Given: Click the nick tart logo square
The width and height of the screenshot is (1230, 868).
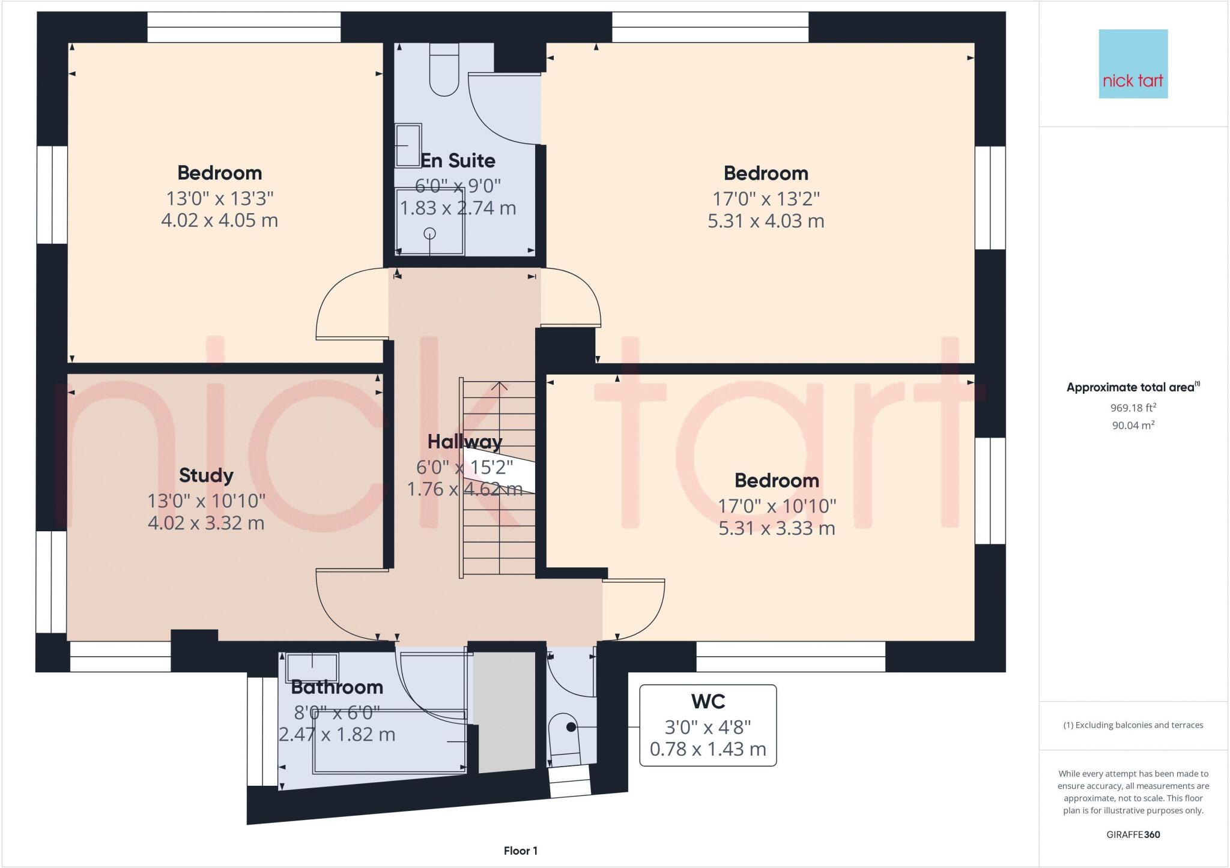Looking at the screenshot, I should tap(1133, 64).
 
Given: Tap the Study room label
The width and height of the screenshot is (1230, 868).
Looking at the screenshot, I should tap(206, 475).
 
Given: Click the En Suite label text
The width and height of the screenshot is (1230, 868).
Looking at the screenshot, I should tap(458, 161).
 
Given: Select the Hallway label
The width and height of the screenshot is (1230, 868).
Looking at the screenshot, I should tap(465, 442).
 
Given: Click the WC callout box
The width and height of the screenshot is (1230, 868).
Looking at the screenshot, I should tap(707, 725).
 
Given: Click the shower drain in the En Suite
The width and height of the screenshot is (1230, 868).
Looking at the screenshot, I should tap(430, 234).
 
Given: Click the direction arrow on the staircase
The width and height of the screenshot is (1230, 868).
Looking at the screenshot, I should tap(499, 387).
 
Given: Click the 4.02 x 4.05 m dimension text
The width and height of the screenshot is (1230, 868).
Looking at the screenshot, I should tap(219, 220).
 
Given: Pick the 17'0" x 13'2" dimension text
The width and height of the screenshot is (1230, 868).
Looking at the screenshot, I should tap(766, 198).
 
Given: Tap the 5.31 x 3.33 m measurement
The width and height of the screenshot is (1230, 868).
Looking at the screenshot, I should tap(777, 528).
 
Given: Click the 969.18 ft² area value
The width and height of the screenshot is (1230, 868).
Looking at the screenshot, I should tap(1133, 408).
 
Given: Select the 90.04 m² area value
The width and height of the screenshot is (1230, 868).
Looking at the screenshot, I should tap(1133, 426).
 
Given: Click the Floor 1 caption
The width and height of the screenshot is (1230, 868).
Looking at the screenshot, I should tap(521, 851).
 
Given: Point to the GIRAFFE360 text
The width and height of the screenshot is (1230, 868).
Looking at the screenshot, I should tap(1133, 834).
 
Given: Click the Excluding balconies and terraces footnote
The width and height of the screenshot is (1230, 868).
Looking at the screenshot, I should tap(1133, 725).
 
